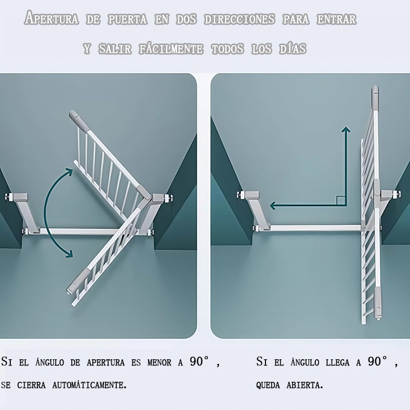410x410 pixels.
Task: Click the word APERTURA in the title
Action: pos(52,18)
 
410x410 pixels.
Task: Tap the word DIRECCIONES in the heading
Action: pos(239,19)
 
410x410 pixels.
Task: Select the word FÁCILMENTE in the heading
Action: pos(171,49)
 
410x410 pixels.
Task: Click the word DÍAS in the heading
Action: pos(293,49)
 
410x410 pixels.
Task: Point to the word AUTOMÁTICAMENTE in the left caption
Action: pos(89,385)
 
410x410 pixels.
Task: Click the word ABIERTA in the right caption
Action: pos(305,385)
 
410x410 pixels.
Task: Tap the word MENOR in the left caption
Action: pos(159,362)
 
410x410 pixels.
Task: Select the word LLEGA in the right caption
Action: pos(337,362)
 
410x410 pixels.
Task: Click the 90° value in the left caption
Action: pos(199,361)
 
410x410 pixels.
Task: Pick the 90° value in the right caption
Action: pos(378,361)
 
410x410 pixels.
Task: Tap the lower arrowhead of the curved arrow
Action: pos(69,254)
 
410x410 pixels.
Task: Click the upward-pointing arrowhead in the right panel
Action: pos(346,130)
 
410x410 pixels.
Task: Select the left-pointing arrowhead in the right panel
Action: pos(273,206)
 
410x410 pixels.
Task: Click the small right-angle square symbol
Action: pos(340,200)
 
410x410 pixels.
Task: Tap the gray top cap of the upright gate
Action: pos(375,98)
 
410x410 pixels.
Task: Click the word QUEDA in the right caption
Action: pos(268,385)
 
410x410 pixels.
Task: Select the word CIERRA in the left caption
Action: pos(31,385)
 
